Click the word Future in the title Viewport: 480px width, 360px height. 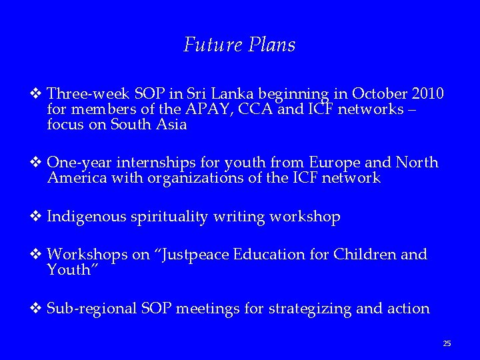(205, 45)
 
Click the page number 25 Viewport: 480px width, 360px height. (447, 343)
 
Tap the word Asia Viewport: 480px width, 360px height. (171, 124)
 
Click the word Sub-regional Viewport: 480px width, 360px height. (92, 309)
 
